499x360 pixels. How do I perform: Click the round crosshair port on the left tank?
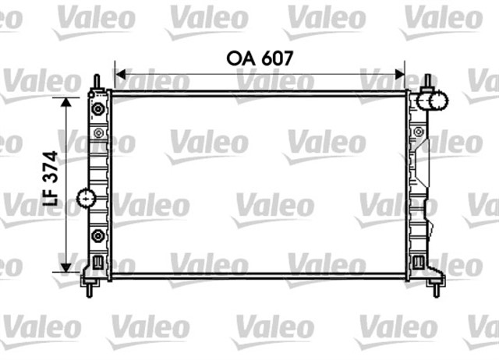[x=87, y=199]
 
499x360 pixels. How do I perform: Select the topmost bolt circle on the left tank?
[x=97, y=108]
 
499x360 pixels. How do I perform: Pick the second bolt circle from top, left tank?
[x=97, y=133]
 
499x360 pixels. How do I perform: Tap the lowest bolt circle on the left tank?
[x=97, y=236]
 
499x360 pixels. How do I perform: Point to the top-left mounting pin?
[x=96, y=82]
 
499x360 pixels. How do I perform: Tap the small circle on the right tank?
[x=418, y=133]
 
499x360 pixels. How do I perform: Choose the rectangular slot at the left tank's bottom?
[x=97, y=262]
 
